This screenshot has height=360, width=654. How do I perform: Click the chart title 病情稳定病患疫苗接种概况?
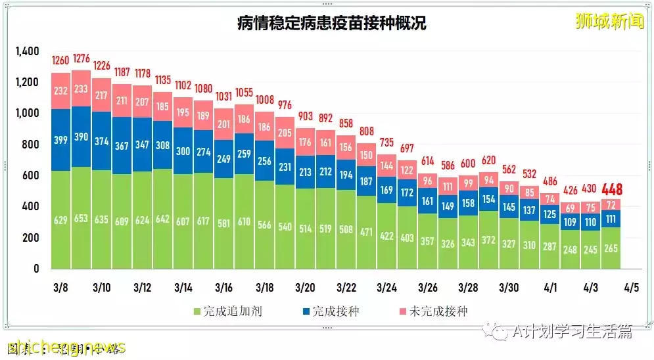[x=331, y=24]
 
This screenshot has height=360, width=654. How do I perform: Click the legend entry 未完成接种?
[x=434, y=311]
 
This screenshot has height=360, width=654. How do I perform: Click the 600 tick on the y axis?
[x=32, y=175]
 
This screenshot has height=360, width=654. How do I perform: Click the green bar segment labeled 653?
[x=82, y=218]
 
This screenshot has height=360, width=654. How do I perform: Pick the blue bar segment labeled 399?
[x=61, y=141]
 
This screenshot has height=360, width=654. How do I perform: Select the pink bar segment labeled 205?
[x=285, y=132]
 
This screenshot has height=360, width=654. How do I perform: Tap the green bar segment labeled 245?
[x=590, y=250]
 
